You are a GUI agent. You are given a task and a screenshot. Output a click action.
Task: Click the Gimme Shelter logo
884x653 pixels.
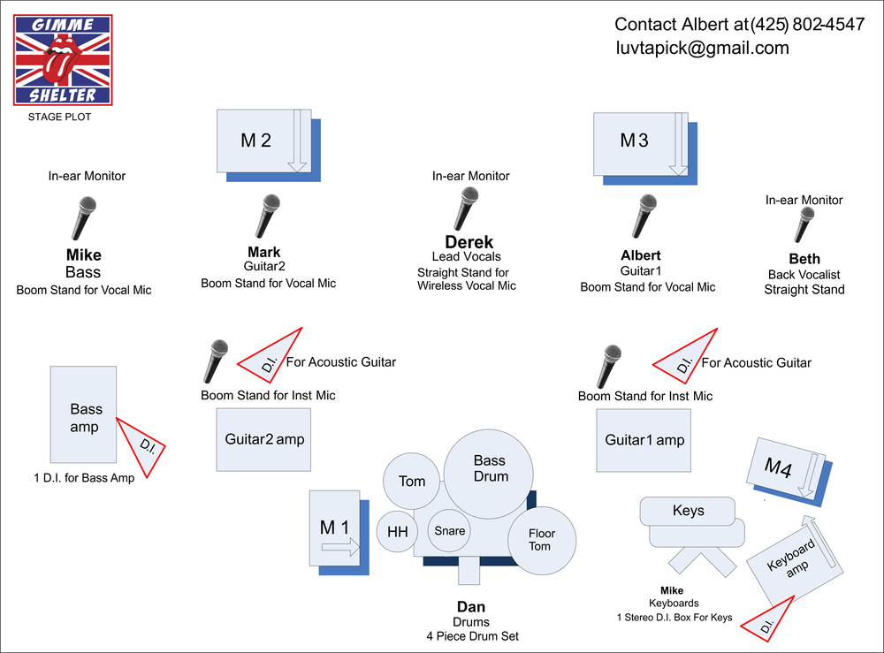pos(63,60)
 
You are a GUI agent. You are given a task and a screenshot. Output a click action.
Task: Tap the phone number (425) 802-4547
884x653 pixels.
pos(807,24)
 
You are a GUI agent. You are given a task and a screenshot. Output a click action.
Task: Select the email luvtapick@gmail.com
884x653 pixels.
pos(702,49)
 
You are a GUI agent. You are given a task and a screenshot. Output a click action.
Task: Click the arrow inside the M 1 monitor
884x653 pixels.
pos(340,546)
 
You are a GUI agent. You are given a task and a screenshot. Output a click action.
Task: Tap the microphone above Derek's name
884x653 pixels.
pos(466,209)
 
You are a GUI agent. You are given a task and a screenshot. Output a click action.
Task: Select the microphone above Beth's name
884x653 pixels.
pos(804,224)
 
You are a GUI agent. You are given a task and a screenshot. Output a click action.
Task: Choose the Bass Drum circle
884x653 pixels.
pos(488,474)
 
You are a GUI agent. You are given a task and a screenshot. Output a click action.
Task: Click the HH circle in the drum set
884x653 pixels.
pos(398,531)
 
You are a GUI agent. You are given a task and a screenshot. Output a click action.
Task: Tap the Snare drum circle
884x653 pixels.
pos(449,530)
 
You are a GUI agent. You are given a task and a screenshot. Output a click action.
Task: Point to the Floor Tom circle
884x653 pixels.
pos(542,540)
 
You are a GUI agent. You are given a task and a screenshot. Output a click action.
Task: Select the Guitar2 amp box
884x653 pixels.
pos(263,439)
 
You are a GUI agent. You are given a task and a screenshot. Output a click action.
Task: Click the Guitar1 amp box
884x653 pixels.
pos(644,440)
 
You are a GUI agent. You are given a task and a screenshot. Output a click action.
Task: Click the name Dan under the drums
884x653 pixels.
pos(471,607)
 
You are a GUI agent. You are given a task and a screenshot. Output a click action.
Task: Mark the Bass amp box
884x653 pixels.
pos(83,414)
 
